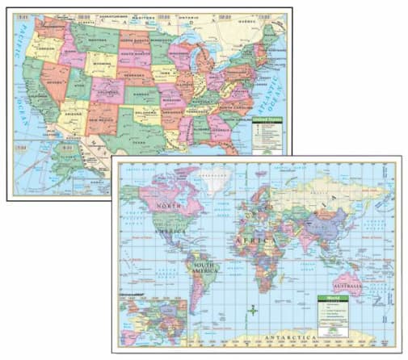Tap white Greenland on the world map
click(215, 179)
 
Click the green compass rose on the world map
click(252, 308)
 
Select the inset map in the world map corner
click(153, 320)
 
